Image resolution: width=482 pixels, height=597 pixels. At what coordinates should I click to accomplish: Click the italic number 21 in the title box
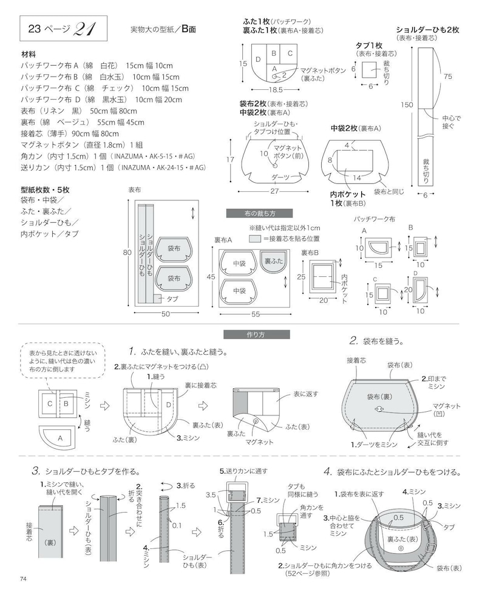click(x=86, y=29)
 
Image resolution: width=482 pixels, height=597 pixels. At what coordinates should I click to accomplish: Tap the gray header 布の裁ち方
click(x=259, y=214)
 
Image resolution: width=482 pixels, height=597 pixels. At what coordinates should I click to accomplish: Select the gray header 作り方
click(x=256, y=335)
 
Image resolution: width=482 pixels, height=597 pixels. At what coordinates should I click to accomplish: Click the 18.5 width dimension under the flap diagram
click(x=276, y=90)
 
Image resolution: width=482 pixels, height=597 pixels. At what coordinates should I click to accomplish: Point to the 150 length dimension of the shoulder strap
click(x=407, y=104)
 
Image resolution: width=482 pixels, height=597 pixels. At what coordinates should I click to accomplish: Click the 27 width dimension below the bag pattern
click(x=274, y=191)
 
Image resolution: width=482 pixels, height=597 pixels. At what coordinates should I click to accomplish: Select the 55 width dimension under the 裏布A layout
click(x=256, y=314)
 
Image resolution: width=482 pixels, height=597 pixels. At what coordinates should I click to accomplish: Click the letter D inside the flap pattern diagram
click(x=259, y=60)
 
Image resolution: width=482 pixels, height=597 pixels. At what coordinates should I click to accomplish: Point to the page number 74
click(x=23, y=579)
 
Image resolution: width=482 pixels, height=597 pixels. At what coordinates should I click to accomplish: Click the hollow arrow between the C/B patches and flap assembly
click(x=104, y=406)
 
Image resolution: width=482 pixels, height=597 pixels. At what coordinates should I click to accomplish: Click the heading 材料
click(x=29, y=55)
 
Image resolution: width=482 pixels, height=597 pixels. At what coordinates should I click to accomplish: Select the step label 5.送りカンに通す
click(x=243, y=471)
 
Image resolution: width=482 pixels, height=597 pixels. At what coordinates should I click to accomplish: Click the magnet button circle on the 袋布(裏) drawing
click(x=379, y=409)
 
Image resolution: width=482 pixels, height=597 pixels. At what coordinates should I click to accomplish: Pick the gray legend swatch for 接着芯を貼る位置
click(x=255, y=239)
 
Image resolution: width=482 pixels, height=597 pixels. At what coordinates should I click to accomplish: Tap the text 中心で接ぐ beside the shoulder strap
click(x=452, y=122)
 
